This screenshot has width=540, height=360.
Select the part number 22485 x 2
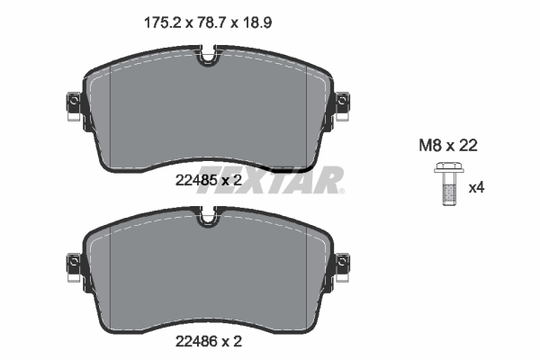pos(209,180)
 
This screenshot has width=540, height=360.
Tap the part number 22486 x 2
pos(209,341)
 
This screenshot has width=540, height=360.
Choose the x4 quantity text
pos(477,188)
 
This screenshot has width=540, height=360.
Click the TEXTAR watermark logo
pos(270,180)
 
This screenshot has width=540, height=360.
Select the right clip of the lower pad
pos(344,265)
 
